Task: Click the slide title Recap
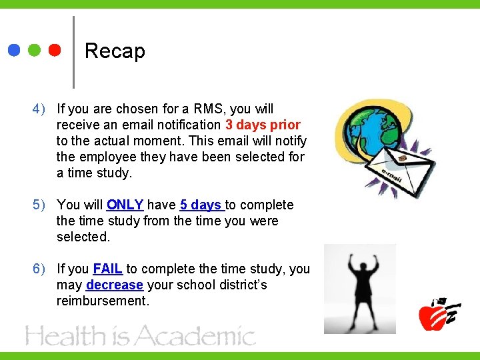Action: pos(115,51)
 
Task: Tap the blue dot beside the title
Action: pos(15,50)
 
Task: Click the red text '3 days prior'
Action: pos(263,125)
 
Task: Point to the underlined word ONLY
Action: pos(125,205)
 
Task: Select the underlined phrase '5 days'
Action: pos(201,205)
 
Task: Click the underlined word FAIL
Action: pos(107,269)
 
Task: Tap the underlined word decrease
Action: pos(115,285)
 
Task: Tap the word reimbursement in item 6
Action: pos(102,301)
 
